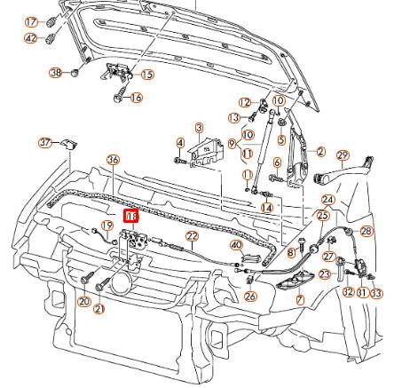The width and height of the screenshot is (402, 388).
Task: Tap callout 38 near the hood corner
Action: (56, 73)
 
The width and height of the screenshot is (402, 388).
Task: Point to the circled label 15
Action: (146, 75)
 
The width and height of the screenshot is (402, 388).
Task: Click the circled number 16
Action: (136, 97)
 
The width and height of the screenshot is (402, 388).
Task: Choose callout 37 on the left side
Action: (45, 142)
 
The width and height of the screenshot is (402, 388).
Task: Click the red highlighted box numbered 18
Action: (131, 216)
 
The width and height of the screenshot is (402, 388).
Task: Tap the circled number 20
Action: (84, 302)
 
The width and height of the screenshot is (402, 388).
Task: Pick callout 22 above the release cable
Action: (192, 235)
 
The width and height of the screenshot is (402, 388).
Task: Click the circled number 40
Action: (236, 245)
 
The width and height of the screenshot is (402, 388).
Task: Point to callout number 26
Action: (251, 297)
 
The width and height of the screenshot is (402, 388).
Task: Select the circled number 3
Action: (199, 128)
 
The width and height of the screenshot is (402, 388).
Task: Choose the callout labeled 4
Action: (180, 143)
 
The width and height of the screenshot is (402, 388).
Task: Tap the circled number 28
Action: (367, 231)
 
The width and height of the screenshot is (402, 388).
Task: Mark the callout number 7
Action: (300, 300)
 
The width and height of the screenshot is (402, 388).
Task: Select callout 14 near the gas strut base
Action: (266, 208)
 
